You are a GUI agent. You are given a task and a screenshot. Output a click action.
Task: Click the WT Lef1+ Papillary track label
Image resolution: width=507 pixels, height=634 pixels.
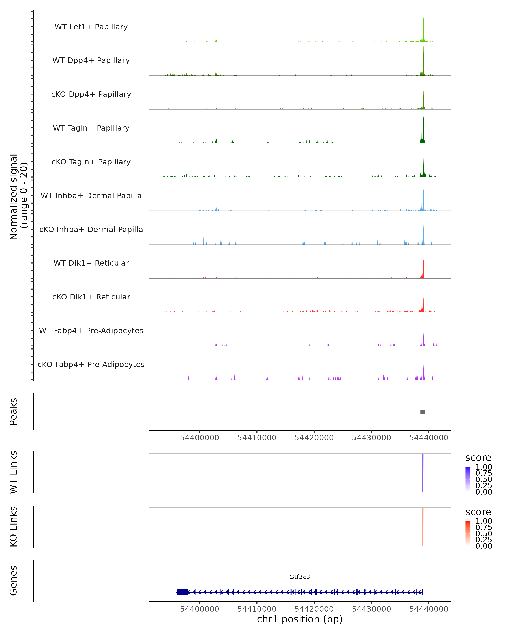coord(91,27)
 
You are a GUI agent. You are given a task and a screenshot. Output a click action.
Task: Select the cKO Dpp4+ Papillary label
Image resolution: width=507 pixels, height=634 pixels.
coord(91,94)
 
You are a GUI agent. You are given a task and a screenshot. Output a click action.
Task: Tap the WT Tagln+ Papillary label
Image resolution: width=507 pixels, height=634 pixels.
coord(91,128)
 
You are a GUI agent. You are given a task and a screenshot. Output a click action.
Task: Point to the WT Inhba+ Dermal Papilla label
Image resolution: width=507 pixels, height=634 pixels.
coord(91,195)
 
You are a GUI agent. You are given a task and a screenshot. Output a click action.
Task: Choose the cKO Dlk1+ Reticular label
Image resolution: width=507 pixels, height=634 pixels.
coord(91,297)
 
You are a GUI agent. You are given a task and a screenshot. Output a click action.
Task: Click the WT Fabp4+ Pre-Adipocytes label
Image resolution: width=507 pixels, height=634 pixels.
coord(91,331)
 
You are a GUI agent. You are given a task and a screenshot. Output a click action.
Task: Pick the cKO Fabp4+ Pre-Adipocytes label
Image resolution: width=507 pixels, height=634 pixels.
coord(91,364)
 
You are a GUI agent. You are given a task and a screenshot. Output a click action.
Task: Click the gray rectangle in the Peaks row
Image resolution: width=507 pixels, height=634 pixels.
coord(422,412)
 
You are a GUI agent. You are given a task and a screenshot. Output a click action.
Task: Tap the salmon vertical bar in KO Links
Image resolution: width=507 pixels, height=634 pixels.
coord(423,527)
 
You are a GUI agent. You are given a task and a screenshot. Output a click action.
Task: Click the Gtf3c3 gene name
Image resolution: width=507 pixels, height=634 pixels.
coord(300,577)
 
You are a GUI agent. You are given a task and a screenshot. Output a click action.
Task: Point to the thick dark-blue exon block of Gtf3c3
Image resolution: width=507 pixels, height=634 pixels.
coord(182,592)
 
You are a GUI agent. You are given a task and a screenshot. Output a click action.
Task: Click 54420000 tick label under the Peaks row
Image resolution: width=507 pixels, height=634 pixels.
coord(314,438)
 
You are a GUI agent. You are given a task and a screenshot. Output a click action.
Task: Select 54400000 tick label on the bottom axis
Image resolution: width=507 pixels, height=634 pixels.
coord(200,609)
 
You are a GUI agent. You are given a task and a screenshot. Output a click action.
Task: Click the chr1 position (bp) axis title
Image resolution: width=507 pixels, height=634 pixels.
coord(300,619)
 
